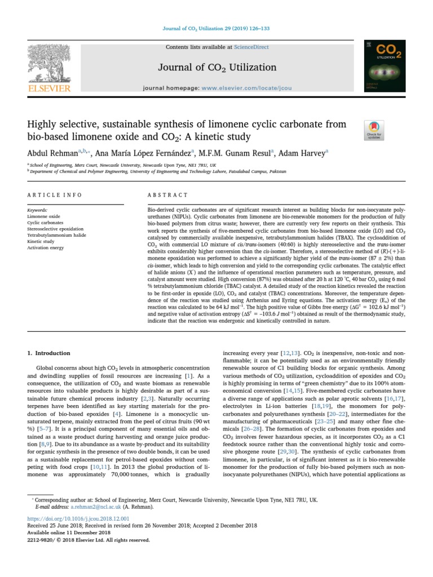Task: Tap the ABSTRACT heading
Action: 167,195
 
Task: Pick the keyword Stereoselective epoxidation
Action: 55,229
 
